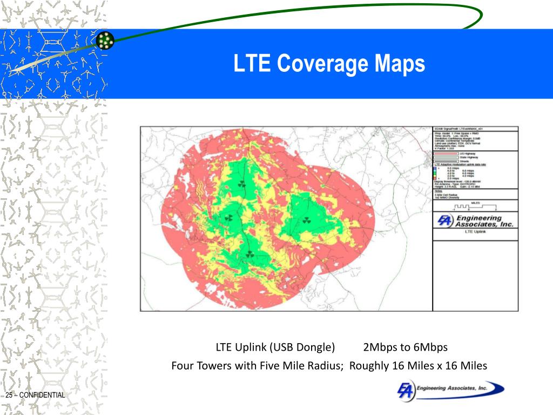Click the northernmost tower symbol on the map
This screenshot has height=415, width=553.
(x=241, y=184)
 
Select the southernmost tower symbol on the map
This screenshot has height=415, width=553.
(x=249, y=254)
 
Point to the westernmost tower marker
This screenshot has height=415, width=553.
(x=229, y=218)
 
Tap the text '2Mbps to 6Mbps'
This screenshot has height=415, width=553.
(x=406, y=347)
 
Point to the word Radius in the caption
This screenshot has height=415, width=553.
(x=325, y=366)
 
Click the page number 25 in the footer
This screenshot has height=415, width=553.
(x=9, y=396)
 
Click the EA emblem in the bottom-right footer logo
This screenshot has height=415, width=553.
(x=406, y=391)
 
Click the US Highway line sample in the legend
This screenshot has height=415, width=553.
(x=445, y=153)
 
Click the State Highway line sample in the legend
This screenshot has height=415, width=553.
(x=445, y=157)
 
